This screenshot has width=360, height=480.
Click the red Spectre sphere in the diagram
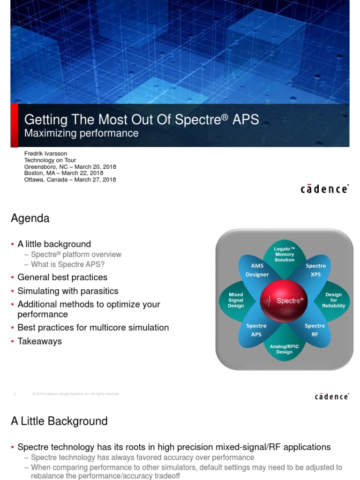click(284, 300)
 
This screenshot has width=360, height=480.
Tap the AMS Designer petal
click(257, 270)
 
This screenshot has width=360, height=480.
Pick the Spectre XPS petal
click(315, 270)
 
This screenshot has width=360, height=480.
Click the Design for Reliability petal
click(333, 300)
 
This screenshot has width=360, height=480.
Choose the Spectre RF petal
click(315, 329)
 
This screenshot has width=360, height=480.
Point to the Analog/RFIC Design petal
click(284, 349)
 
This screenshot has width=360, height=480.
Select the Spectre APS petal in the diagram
click(256, 329)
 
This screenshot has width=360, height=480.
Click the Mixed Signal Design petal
click(236, 300)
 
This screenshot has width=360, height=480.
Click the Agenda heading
click(30, 218)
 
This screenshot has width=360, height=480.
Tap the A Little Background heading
click(59, 421)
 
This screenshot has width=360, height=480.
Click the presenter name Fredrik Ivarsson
click(46, 154)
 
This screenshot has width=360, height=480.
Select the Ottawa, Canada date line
click(70, 180)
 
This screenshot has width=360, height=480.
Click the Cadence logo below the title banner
click(324, 189)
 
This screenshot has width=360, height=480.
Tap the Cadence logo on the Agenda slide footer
click(331, 397)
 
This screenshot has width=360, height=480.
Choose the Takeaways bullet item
click(39, 341)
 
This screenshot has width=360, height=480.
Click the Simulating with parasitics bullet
click(67, 291)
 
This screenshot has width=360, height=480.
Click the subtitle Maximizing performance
click(81, 133)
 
